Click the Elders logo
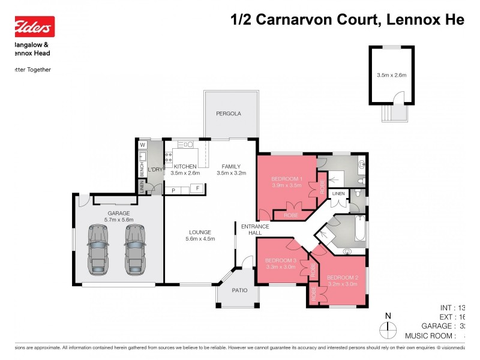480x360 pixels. [x=34, y=27]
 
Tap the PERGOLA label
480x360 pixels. [x=229, y=113]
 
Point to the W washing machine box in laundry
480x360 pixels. [x=143, y=145]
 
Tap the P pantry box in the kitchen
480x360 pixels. [x=173, y=190]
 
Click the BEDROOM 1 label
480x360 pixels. [x=286, y=179]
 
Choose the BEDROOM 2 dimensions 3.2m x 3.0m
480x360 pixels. [x=342, y=284]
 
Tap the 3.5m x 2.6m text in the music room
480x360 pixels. [x=391, y=76]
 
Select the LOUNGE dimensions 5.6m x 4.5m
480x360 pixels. [x=200, y=239]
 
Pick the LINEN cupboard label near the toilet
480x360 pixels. [x=338, y=194]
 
